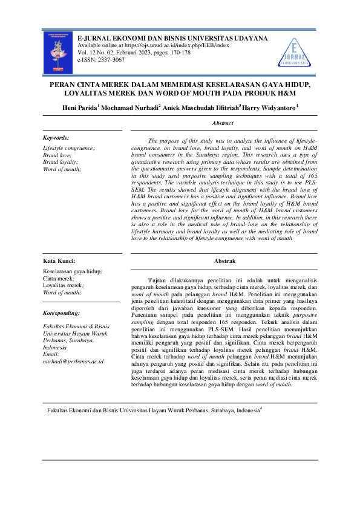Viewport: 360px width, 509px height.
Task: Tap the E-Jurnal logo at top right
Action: [295, 51]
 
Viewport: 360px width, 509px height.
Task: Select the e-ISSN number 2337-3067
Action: [110, 60]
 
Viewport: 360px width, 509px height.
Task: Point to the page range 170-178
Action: [178, 53]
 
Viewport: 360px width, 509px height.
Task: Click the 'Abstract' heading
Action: [223, 123]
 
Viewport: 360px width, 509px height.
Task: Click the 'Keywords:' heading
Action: [56, 138]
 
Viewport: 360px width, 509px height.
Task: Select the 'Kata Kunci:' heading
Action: [59, 261]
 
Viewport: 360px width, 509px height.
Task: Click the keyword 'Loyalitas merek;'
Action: [64, 285]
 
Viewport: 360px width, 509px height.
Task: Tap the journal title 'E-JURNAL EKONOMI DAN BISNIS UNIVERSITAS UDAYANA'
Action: [173, 38]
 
